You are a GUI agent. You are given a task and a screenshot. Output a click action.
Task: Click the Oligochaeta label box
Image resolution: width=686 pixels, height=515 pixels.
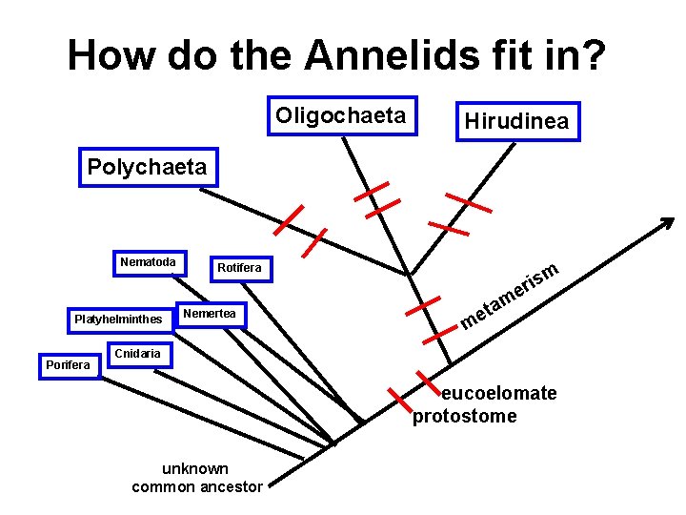click(x=341, y=116)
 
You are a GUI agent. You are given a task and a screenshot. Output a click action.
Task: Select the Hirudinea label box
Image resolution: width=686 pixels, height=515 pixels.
click(x=516, y=121)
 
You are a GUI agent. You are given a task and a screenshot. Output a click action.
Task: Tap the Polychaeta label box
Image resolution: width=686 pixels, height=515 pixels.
click(x=147, y=167)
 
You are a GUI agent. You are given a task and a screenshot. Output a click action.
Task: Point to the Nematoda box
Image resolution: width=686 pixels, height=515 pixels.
click(x=148, y=262)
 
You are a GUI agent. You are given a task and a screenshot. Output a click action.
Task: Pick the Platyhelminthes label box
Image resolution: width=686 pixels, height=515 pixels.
click(x=119, y=319)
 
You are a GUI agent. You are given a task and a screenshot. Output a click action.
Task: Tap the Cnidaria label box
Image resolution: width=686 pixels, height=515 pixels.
click(x=131, y=354)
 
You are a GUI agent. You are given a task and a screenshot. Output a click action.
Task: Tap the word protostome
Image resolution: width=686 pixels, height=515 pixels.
click(x=464, y=416)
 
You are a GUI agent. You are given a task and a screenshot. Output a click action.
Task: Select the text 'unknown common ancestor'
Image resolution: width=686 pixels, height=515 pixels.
click(x=197, y=478)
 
